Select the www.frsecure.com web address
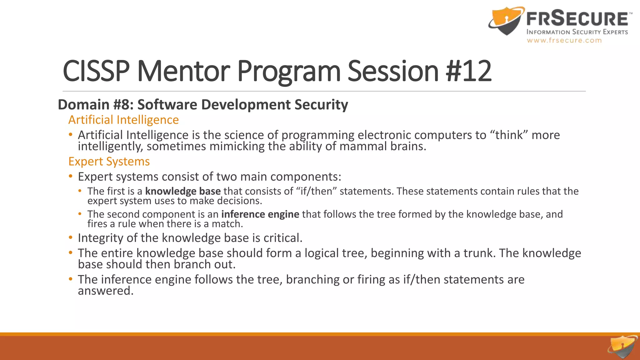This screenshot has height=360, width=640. point(564,40)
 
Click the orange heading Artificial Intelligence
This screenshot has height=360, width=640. point(123,120)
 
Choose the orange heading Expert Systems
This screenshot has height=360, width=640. point(109,162)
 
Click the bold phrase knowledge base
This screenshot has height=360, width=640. point(183,191)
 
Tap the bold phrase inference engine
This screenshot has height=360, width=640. point(260,214)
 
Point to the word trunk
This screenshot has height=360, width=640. point(479,253)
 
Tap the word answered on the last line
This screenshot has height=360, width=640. point(105,291)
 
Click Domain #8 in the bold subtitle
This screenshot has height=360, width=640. point(96,105)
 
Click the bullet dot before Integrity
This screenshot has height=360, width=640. point(71,238)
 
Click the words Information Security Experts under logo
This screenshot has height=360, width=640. point(577,32)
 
